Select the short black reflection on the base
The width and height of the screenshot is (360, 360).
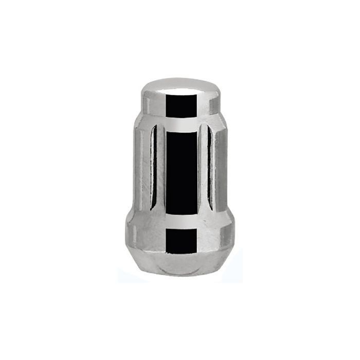[x=182, y=239]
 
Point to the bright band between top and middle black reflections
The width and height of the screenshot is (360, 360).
[x=182, y=123]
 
